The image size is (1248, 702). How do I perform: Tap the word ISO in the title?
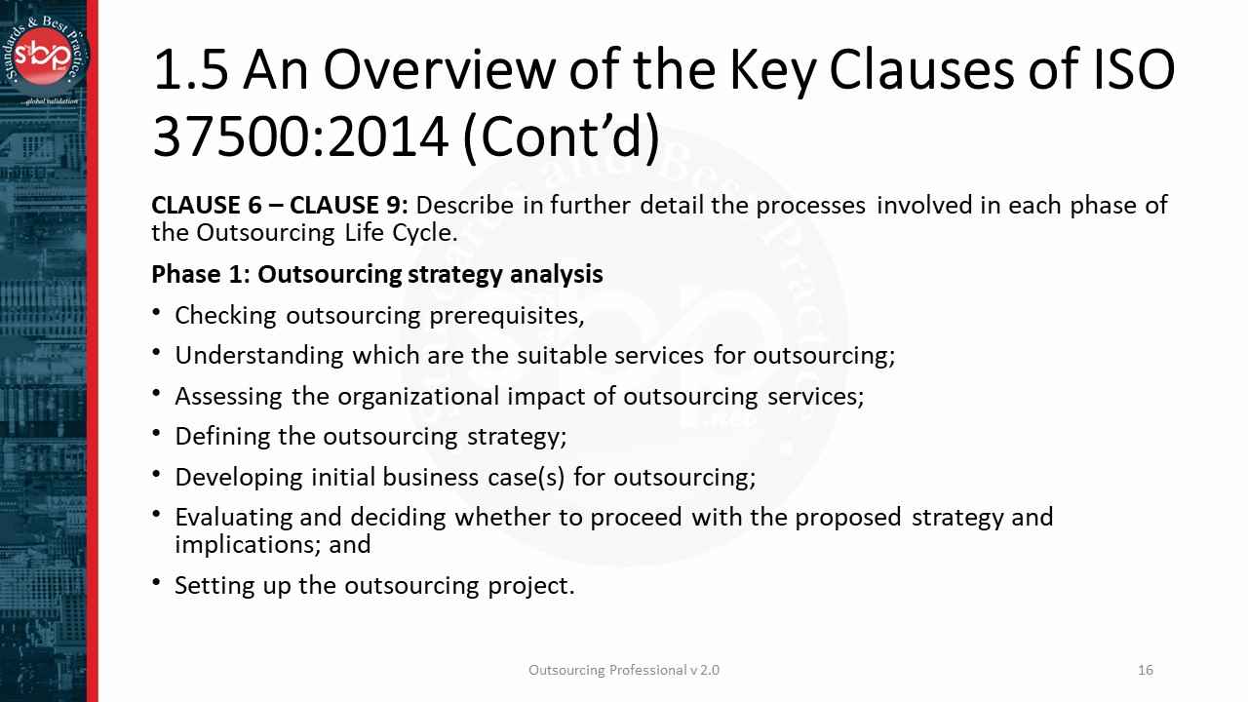coord(1128,70)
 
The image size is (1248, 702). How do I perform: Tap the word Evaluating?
coord(234,517)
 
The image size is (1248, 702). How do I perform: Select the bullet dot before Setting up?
coord(158,584)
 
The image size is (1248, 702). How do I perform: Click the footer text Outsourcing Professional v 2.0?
coord(624,670)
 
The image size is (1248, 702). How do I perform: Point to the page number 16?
coord(1146,670)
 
